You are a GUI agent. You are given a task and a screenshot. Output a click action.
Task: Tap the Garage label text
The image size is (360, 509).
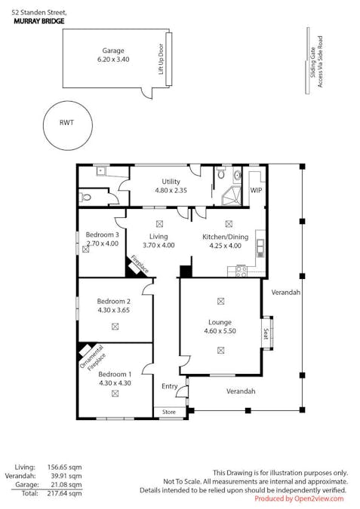click(113, 51)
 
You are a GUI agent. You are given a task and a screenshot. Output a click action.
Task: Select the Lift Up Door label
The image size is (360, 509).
click(161, 59)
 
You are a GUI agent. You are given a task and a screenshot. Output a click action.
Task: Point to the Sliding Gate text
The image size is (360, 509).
click(313, 63)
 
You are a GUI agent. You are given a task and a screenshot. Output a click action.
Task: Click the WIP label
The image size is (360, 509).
click(256, 190)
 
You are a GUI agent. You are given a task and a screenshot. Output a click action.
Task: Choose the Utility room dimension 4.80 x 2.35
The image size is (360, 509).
click(171, 190)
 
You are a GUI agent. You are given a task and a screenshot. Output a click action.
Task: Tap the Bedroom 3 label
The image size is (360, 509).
click(103, 235)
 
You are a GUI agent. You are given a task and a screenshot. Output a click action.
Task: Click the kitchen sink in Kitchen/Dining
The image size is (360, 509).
click(260, 247)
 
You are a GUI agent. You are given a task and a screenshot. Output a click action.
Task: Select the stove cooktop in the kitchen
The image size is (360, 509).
click(241, 271)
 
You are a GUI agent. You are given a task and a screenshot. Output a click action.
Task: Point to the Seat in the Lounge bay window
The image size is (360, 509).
click(266, 334)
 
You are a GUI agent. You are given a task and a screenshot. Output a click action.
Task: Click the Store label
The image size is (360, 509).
click(169, 412)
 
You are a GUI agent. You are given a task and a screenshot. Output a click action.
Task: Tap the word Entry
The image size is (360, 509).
click(170, 386)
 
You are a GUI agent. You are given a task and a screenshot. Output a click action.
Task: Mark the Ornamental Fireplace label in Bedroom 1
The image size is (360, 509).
click(93, 357)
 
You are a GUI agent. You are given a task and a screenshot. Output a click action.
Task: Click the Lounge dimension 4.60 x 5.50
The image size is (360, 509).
click(220, 331)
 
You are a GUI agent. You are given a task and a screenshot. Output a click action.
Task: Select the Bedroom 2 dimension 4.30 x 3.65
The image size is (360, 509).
click(114, 310)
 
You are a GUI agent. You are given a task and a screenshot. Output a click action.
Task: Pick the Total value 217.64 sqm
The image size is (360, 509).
click(65, 494)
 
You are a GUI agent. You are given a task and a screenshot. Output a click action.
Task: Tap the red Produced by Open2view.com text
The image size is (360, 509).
click(299, 498)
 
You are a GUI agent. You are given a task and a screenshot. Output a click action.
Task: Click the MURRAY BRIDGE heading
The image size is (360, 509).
click(39, 21)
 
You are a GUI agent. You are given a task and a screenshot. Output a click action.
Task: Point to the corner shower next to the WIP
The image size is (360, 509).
click(232, 196)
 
